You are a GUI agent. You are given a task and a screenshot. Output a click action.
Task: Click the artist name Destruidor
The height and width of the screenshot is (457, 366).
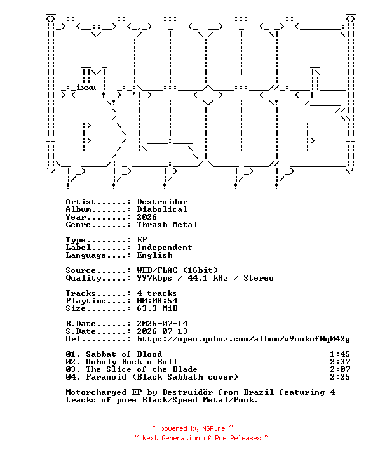[162, 202]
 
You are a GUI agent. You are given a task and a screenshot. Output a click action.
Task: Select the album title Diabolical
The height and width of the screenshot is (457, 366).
[162, 209]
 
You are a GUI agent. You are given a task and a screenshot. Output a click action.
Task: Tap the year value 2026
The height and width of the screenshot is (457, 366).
[147, 217]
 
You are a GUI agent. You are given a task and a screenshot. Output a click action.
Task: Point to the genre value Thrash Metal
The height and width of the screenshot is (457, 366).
[168, 225]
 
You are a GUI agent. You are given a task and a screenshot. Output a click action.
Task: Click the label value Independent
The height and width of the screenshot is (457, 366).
[165, 248]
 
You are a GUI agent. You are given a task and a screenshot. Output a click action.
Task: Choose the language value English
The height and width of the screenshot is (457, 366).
[154, 255]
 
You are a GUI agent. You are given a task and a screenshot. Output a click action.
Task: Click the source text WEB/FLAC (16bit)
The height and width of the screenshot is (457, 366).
[177, 270]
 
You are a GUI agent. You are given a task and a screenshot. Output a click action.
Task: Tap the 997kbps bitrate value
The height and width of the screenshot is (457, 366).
[154, 278]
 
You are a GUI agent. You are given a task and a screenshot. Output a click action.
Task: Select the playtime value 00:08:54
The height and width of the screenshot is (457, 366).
[158, 300]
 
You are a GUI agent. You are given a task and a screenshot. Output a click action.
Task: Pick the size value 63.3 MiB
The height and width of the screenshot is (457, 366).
[158, 308]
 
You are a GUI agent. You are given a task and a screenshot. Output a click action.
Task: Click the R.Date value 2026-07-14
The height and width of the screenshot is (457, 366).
[162, 324]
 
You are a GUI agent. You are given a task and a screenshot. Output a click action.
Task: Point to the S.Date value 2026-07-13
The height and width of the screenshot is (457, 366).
[162, 331]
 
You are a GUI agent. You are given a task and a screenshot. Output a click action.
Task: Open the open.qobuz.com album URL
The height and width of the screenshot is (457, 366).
[244, 339]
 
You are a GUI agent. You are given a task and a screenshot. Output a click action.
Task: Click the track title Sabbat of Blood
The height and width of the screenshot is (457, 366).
[124, 354]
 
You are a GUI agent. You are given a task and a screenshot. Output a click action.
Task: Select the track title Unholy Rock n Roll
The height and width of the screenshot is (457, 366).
[132, 362]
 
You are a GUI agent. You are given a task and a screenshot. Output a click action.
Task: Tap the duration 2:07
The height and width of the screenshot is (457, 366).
[340, 369]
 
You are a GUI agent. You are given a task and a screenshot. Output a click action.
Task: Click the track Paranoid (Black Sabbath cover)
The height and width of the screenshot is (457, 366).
[162, 377]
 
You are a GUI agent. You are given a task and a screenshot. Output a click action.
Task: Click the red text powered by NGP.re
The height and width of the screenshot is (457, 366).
[193, 428]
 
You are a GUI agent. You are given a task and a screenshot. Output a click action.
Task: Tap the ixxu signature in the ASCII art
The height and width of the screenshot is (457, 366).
[86, 88]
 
